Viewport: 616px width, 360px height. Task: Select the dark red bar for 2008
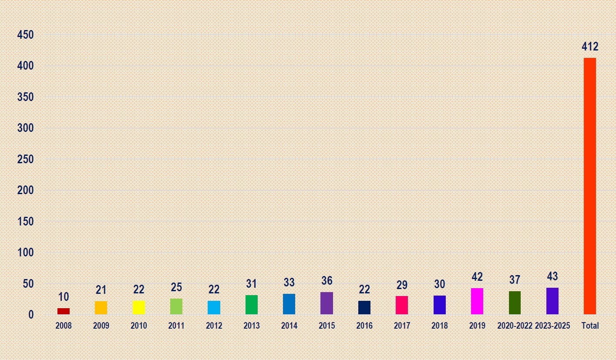tap(64, 311)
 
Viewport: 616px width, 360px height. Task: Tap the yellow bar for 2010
tap(139, 307)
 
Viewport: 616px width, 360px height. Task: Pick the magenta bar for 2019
tap(477, 301)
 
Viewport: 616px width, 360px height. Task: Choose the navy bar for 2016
tap(364, 307)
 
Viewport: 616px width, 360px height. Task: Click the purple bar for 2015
tap(327, 303)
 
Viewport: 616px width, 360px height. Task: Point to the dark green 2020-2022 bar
tap(515, 303)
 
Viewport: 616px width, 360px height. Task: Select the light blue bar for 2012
tap(214, 307)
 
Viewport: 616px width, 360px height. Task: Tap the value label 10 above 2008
tap(64, 297)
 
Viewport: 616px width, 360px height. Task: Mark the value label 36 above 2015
tap(327, 281)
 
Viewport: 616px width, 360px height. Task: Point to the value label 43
tap(552, 276)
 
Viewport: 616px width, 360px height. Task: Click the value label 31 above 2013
tap(252, 284)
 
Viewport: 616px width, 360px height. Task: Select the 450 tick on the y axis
tap(25, 35)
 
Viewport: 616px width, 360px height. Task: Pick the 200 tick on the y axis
tap(25, 190)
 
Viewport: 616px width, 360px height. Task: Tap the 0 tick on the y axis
tap(30, 314)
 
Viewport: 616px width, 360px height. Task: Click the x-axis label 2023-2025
tap(552, 326)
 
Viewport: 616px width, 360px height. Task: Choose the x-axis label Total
tap(590, 326)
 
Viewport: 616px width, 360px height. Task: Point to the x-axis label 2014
tap(289, 326)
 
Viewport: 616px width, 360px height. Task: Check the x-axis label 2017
tap(402, 326)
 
